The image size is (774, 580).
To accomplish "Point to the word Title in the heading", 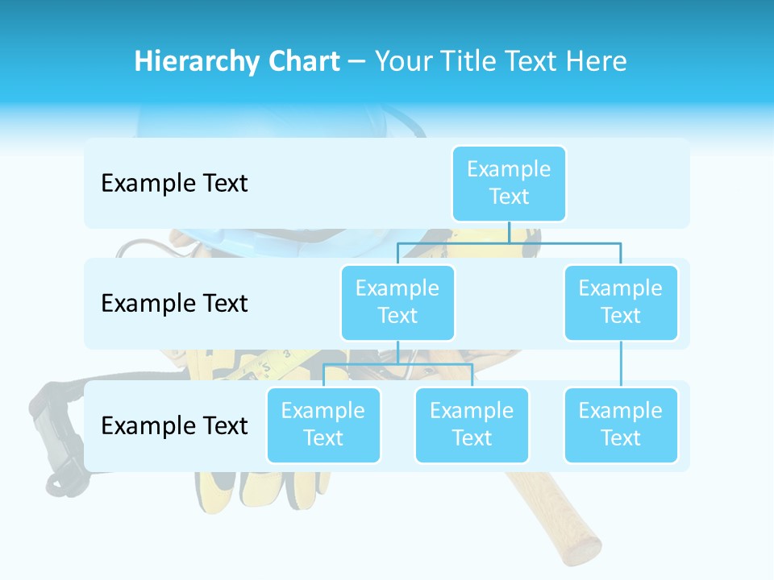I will (476, 62).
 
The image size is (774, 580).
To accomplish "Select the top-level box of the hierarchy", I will (509, 183).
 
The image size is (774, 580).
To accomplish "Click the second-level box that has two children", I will (397, 302).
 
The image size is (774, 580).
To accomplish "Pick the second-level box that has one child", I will (621, 302).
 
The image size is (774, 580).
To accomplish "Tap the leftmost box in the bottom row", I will (323, 425).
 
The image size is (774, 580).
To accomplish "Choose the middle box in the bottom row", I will (472, 425).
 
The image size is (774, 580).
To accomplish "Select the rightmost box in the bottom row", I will (621, 425).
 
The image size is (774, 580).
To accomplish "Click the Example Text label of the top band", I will (174, 184).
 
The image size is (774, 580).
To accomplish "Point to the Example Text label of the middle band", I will (174, 304).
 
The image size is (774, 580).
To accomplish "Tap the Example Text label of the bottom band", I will (174, 425).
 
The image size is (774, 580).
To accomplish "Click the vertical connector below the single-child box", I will (621, 364).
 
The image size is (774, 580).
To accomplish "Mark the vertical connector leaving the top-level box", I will (509, 232).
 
